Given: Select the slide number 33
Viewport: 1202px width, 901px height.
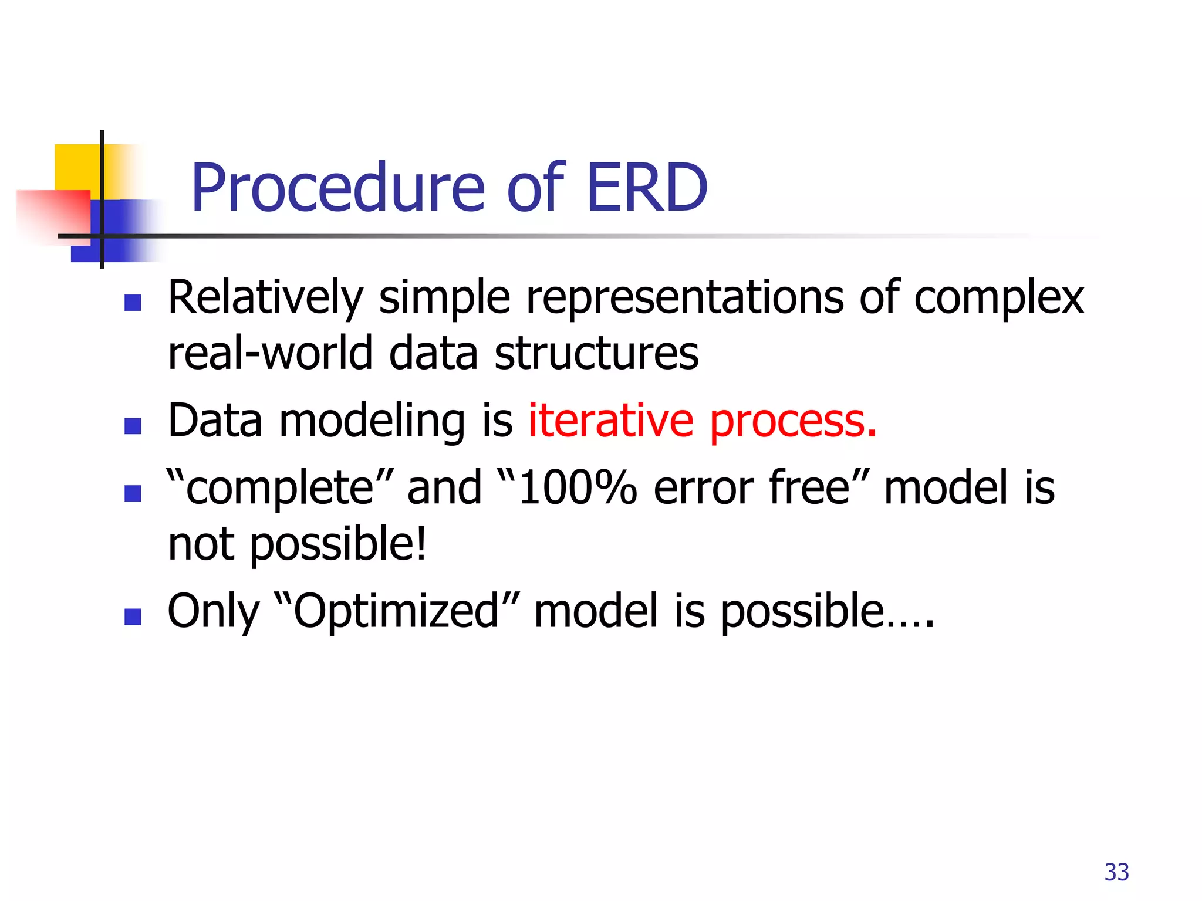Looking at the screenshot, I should (x=1116, y=872).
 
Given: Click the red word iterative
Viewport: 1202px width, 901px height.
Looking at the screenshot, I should (x=610, y=421).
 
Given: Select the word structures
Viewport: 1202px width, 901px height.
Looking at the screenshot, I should (x=596, y=354).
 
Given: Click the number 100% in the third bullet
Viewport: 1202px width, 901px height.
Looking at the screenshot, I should (x=578, y=488).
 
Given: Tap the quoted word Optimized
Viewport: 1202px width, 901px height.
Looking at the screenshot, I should (x=397, y=611).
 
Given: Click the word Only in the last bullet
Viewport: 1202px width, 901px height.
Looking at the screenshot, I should (x=213, y=612).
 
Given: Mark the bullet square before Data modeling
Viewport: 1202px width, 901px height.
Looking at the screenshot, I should (x=133, y=425).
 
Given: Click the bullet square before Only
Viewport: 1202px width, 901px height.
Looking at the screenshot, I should (x=133, y=617).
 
